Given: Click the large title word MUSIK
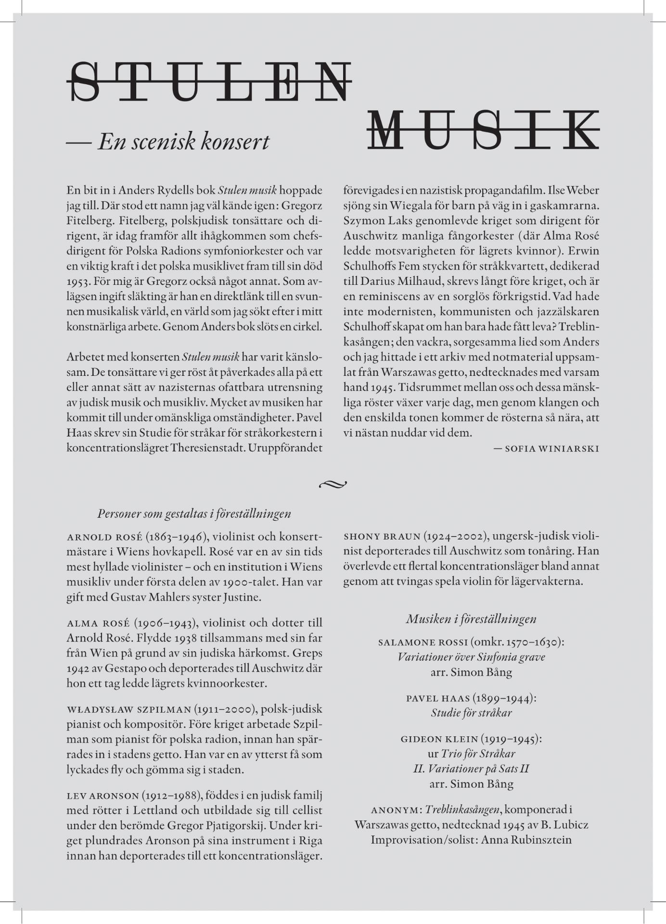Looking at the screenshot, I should pos(483,130).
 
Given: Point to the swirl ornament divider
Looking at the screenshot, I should pos(333,484).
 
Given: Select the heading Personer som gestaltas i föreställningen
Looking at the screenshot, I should pos(194,513).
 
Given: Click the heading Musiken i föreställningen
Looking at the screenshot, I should pos(471,618).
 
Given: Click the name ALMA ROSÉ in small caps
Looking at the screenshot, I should pos(98,623).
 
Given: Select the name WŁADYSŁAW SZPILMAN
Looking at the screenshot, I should pos(128,709).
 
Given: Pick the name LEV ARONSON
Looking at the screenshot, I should pos(102,796).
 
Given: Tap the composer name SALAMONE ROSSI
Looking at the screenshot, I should pos(423,642).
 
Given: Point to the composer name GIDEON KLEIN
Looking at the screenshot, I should pos(439,739).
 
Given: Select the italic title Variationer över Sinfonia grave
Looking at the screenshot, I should pos(471,657).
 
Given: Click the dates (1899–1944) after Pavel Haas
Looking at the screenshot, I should pos(504,698).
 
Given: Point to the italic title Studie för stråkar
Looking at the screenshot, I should pos(471,713).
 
